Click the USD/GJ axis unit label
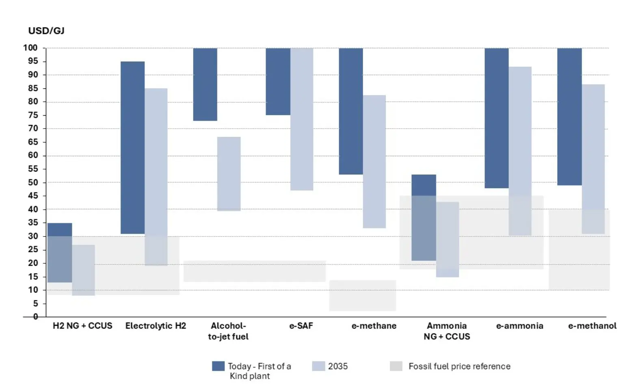(x=46, y=31)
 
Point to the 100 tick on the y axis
(x=30, y=48)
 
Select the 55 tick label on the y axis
(x=33, y=169)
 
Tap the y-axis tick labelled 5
(x=35, y=303)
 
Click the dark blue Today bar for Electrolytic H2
(x=132, y=148)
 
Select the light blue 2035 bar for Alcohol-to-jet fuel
(x=229, y=174)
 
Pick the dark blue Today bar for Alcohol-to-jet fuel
(x=205, y=84)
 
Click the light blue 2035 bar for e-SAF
(x=302, y=119)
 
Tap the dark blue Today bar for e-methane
(x=351, y=111)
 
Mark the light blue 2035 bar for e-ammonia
(x=520, y=151)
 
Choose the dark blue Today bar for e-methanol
(x=569, y=116)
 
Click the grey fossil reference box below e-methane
(x=363, y=296)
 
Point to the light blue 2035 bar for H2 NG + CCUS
(x=83, y=270)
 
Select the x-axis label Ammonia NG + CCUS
(x=447, y=331)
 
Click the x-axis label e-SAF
(x=301, y=326)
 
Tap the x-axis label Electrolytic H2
(x=156, y=326)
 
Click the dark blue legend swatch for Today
(x=218, y=366)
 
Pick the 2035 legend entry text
(x=338, y=366)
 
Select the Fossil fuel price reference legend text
(x=459, y=366)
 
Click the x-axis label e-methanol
(x=592, y=326)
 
